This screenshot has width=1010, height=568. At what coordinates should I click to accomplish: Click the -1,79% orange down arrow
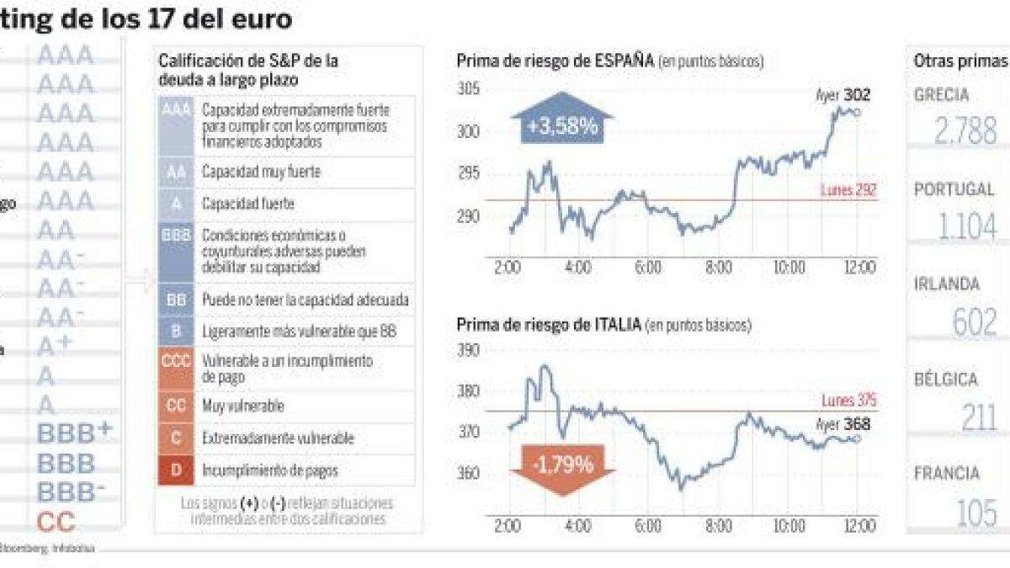pyautogui.click(x=562, y=465)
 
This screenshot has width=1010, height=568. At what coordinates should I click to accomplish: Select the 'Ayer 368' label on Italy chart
pyautogui.click(x=843, y=425)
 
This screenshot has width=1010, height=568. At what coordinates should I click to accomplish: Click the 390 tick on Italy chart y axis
pyautogui.click(x=468, y=349)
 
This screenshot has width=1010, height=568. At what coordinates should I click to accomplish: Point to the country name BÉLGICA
pyautogui.click(x=946, y=380)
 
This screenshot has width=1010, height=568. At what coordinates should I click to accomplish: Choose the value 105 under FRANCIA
pyautogui.click(x=977, y=512)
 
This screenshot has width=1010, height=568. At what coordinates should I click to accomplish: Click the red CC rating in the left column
pyautogui.click(x=57, y=523)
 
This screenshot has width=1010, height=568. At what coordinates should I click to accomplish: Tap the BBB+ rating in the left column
pyautogui.click(x=75, y=433)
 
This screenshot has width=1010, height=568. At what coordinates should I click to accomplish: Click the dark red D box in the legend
pyautogui.click(x=176, y=471)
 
